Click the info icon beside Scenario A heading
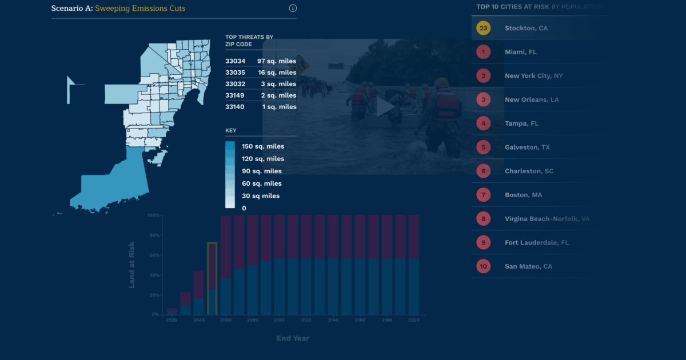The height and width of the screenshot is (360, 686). tap(293, 8)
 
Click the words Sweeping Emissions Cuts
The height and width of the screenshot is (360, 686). tap(140, 8)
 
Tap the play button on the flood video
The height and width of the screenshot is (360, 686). tap(386, 107)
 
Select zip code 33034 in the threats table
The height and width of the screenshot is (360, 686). tap(235, 61)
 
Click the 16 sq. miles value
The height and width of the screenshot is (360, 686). tap(277, 73)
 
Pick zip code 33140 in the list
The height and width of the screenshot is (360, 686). tap(235, 107)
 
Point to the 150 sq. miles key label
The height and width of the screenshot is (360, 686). tap(263, 146)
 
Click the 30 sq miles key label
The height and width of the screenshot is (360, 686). tap(261, 196)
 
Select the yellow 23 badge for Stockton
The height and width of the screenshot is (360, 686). tap(483, 28)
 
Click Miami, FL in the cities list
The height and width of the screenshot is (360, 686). tap(520, 52)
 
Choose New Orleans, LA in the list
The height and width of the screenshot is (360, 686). tap(532, 99)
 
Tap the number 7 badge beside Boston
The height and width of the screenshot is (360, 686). tap(483, 195)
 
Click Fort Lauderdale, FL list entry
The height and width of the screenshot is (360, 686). tap(536, 242)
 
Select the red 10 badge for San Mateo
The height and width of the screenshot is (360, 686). tap(483, 266)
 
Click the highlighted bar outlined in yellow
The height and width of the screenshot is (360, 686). tap(212, 279)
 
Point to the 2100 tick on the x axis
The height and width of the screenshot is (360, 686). tap(280, 321)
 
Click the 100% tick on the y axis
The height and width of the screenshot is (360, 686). tap(153, 215)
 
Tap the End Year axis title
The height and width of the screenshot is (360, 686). tap(293, 338)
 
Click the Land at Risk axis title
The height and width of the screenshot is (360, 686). tap(132, 265)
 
